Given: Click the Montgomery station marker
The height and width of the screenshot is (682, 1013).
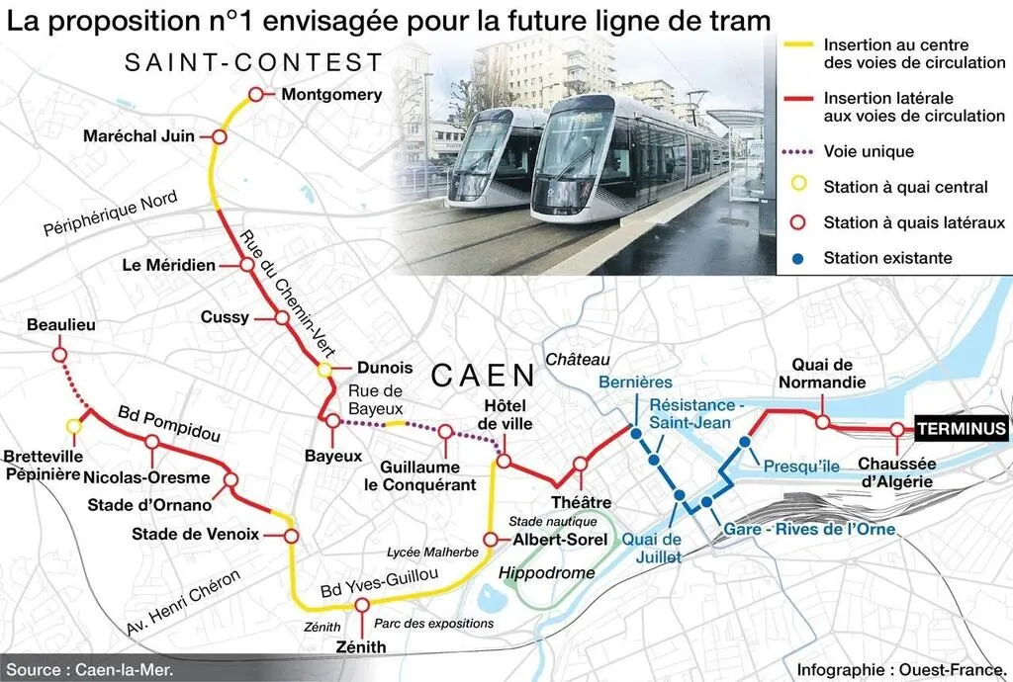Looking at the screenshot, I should click(255, 94).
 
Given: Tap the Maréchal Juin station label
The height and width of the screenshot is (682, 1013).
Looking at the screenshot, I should click(138, 136).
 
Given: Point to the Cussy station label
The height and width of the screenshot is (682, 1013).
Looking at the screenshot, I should click(225, 317).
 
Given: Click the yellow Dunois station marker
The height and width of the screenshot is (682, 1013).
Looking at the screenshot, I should click(324, 370).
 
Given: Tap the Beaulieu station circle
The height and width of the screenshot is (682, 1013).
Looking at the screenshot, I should click(58, 353).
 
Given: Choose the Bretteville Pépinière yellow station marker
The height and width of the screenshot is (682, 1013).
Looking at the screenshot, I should click(72, 426).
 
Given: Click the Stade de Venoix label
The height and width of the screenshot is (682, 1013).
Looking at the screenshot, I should click(195, 535).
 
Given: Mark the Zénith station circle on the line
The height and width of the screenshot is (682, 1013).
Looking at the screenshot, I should click(362, 605).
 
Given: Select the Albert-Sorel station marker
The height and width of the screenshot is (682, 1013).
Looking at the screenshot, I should click(490, 540).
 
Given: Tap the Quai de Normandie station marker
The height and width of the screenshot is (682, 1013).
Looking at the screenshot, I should click(823, 422).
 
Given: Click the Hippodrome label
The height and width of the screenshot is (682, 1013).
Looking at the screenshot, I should click(547, 573).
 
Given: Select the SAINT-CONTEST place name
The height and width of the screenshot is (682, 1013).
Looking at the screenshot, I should click(253, 63).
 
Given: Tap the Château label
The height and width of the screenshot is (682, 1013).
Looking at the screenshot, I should click(579, 359).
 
